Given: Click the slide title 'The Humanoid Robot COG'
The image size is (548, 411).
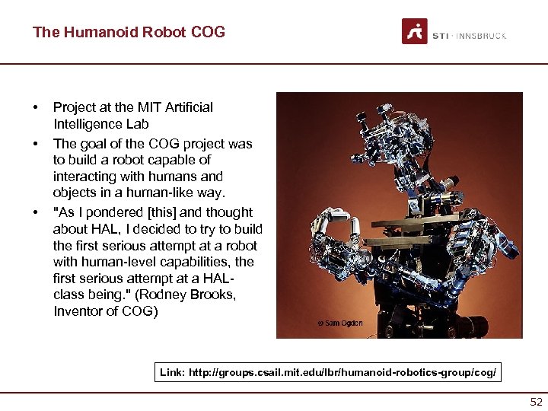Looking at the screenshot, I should point(129,32).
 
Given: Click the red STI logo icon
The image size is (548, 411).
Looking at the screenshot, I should point(415,31).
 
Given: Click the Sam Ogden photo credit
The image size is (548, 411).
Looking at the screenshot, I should point(340,323).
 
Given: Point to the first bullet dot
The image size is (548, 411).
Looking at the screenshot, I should point(37,107).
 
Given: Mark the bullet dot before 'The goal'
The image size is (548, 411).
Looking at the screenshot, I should point(37,143).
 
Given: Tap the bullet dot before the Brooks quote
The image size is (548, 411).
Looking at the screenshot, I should point(37,212).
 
